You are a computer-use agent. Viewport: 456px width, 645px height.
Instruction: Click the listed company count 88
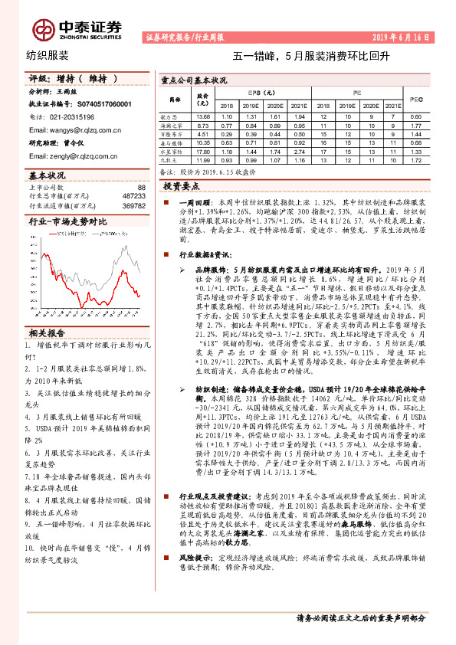click(140, 187)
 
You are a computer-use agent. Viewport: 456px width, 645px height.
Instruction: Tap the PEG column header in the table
click(415, 99)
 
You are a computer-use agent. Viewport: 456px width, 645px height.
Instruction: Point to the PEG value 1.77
click(415, 124)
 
